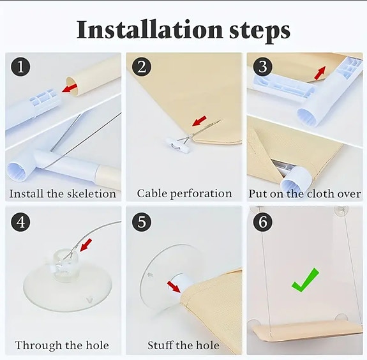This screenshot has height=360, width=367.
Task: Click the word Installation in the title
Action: point(150,29)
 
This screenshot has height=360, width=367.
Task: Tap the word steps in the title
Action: point(260,32)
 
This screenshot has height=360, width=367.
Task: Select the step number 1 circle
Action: point(20,67)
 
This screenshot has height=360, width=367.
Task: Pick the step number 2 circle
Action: point(142,67)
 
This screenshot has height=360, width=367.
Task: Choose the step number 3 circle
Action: point(262,67)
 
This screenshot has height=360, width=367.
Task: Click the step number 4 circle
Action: point(20,221)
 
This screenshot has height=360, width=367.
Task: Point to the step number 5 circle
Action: point(142,221)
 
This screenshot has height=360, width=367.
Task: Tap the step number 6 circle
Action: point(262,221)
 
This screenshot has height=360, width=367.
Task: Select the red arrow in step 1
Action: point(70,88)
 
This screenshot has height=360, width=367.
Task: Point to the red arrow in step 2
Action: point(199,121)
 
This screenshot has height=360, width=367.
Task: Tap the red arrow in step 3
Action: point(320,73)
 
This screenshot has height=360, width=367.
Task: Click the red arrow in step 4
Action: point(86,245)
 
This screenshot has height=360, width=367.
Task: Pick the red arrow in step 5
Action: point(174,287)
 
